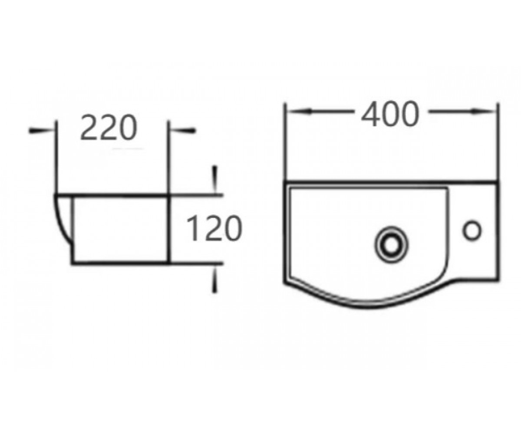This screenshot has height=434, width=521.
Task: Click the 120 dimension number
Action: coord(214,228)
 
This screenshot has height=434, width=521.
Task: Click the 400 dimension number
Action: coord(390,114)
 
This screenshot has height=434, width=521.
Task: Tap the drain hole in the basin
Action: coord(392,243)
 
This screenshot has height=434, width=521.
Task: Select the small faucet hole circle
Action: coord(472,230)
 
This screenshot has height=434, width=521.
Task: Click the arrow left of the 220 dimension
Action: coord(41,131)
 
